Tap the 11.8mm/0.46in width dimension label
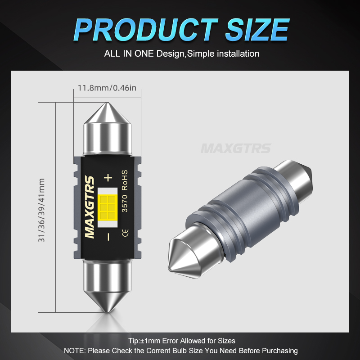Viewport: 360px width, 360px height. [107, 87]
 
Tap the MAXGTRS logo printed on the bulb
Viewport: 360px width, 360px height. [90, 207]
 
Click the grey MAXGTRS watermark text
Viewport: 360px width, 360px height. [236, 148]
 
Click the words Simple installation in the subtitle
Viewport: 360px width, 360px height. [223, 54]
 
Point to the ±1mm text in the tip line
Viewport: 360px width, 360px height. [152, 341]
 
